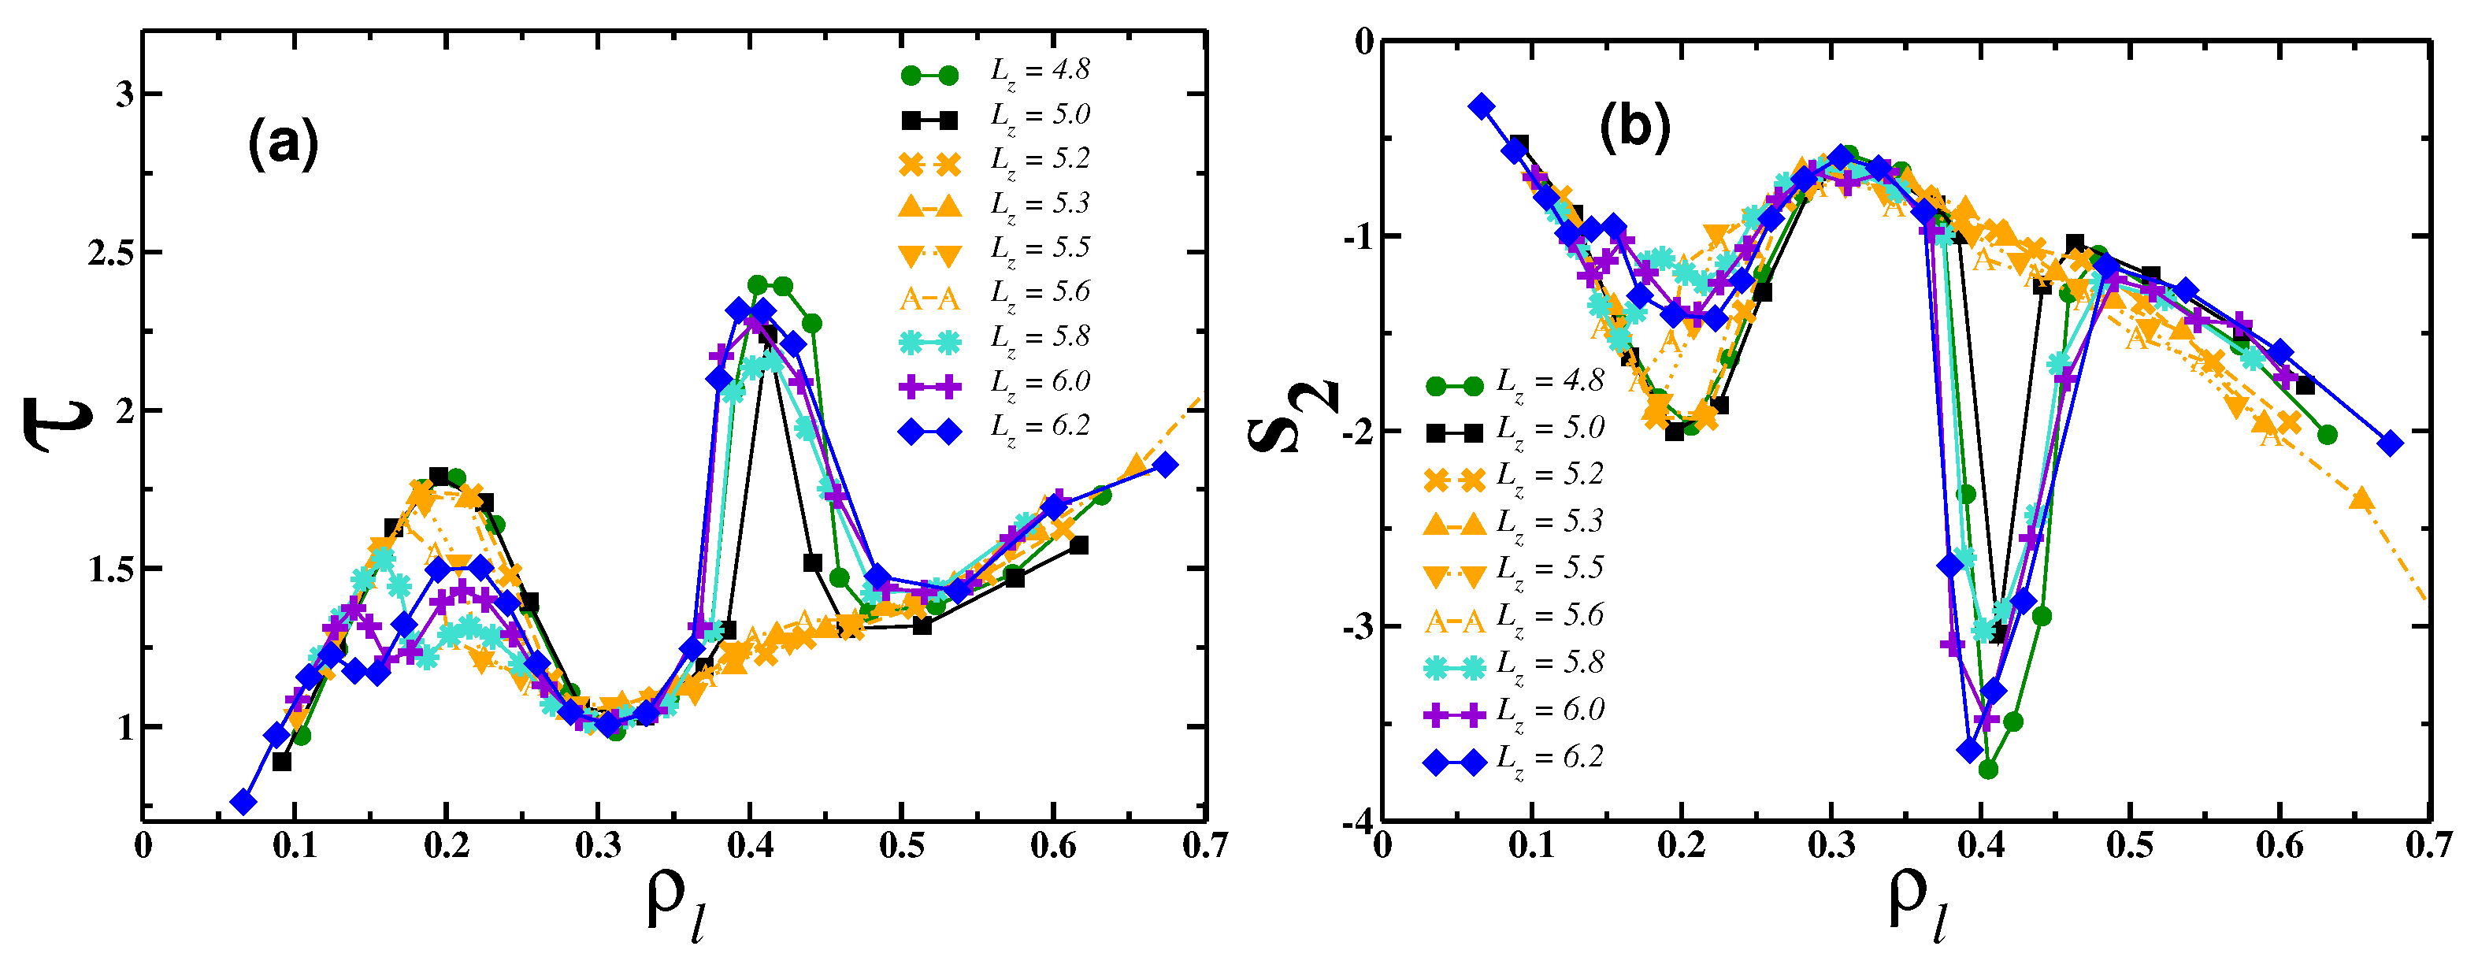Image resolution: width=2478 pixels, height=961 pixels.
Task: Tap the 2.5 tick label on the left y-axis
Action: (x=109, y=253)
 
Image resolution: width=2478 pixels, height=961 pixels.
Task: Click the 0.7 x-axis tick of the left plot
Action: (x=1204, y=848)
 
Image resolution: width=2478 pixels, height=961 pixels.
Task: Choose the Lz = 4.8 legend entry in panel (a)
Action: (x=996, y=71)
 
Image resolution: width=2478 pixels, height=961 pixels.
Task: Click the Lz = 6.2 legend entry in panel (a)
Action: (x=996, y=428)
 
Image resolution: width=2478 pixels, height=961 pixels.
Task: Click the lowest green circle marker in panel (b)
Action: (x=1987, y=770)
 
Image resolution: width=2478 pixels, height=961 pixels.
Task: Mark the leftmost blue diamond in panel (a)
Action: (x=243, y=802)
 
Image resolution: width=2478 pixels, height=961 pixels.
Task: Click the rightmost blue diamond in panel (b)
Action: (x=2390, y=443)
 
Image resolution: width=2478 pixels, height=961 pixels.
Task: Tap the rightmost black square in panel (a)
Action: (x=1078, y=545)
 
